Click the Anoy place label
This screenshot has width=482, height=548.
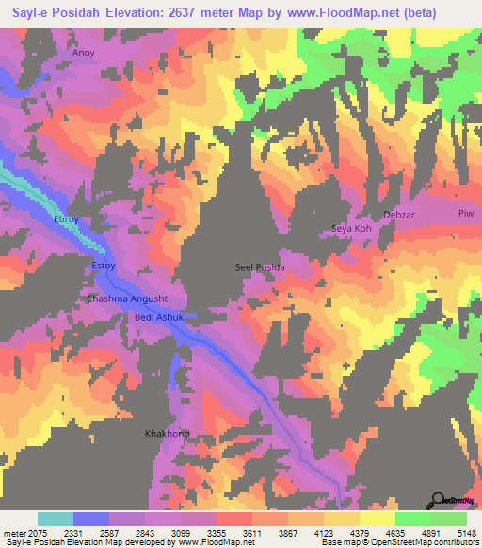[84, 54]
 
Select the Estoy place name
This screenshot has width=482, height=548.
[102, 266]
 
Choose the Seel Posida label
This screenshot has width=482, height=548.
[259, 267]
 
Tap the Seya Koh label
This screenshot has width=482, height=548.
[352, 229]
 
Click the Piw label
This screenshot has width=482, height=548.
[464, 213]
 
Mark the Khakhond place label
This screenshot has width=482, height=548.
[167, 434]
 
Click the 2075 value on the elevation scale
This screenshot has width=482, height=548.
[38, 533]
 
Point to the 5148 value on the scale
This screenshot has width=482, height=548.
[466, 533]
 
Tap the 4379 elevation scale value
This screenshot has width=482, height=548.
[359, 533]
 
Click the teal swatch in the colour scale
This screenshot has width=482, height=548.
[56, 519]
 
